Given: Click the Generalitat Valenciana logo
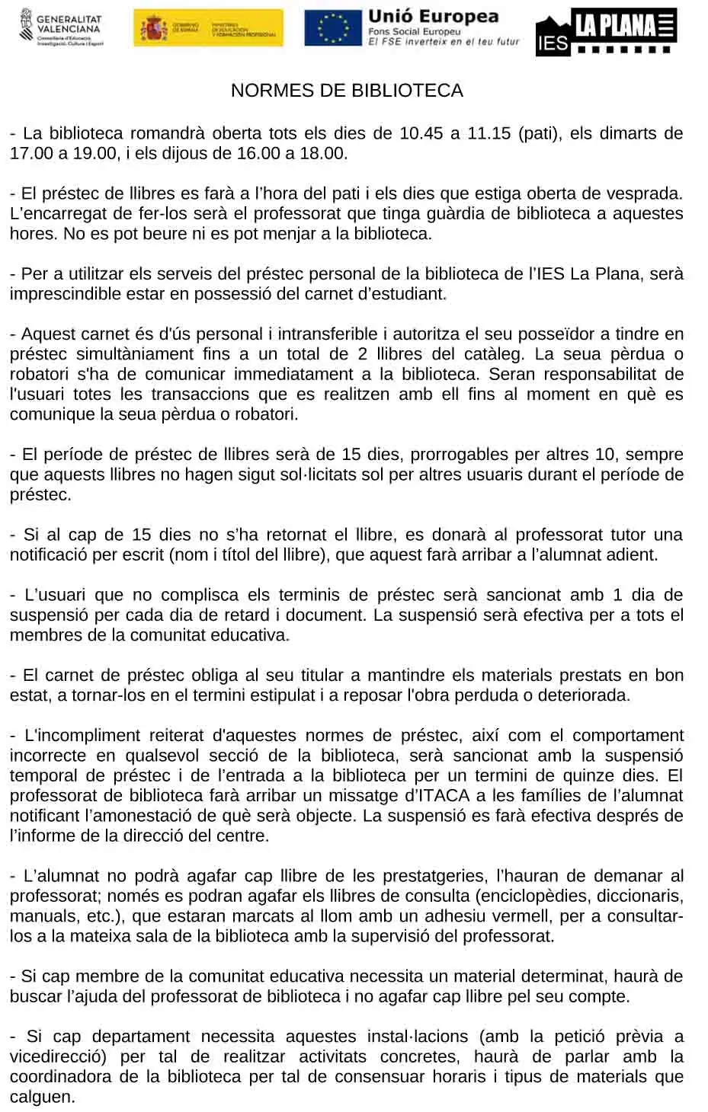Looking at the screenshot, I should click(61, 29).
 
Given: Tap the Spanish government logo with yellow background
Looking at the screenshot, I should click(208, 29).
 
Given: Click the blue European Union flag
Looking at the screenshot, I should click(332, 28).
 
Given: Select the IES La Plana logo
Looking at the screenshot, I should click(606, 31).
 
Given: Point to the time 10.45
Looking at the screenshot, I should click(421, 133).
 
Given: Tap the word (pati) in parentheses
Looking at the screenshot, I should click(538, 133).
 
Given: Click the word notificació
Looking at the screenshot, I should click(49, 555).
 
